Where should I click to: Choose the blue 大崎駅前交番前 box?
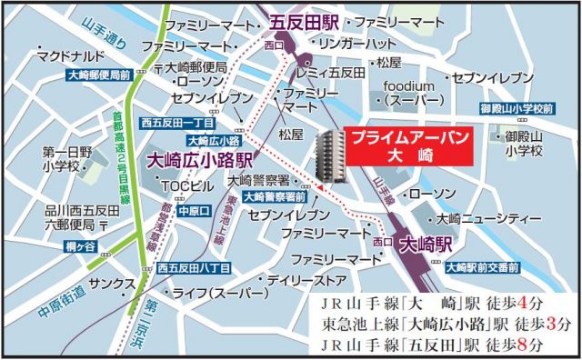click(483, 267)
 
